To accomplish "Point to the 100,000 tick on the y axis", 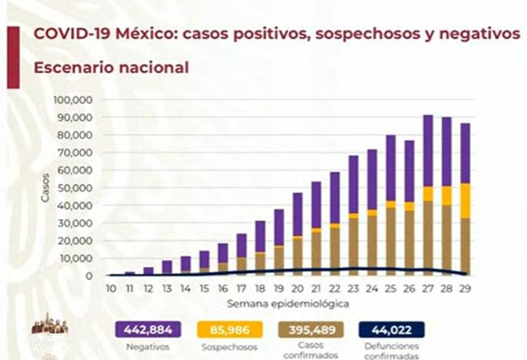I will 73,100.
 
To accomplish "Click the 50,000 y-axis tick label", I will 75,187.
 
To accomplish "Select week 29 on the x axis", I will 465,289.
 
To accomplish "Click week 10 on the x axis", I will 110,289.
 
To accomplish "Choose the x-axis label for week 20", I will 298,289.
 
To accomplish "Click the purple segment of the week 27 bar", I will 428,151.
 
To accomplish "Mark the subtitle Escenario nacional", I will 110,67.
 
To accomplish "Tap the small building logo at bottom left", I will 49,324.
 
